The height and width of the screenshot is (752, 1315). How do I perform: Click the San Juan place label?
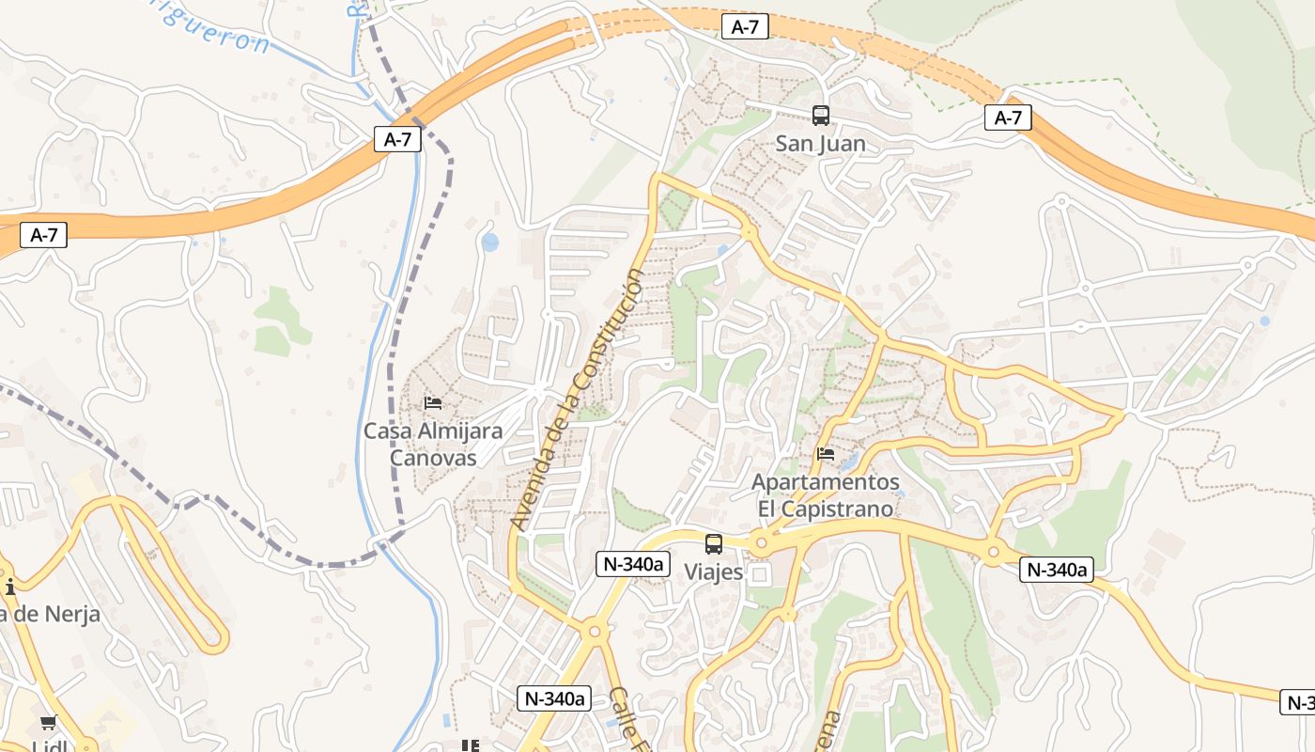820,144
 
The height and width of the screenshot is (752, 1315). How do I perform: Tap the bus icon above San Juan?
820,116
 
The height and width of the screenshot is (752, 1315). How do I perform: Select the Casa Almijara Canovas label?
433,444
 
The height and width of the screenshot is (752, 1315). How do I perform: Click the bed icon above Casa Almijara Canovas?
433,403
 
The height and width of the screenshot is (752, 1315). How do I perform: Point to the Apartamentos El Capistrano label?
826,495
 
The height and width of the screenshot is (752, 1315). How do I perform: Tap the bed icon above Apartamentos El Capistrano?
826,454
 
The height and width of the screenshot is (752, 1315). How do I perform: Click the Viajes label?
713,572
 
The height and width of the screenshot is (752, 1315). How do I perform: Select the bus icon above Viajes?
714,543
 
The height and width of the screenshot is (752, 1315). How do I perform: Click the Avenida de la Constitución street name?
579,399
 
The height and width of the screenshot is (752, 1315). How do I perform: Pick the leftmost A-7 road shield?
44,235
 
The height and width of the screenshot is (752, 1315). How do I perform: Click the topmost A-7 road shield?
745,27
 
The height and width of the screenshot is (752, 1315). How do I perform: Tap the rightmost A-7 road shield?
1008,117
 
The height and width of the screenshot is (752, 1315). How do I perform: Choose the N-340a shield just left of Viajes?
633,564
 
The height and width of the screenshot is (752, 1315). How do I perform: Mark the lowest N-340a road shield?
554,697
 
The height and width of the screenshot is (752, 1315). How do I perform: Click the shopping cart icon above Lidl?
48,723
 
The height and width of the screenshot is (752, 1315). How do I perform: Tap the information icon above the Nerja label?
9,588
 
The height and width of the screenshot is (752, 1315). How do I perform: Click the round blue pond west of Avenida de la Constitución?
490,243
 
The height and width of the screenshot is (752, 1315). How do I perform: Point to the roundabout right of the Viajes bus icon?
761,542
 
